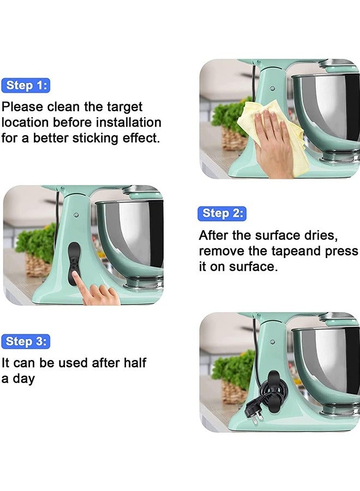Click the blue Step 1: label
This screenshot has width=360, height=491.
pyautogui.click(x=26, y=85)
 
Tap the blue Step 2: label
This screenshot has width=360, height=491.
pyautogui.click(x=222, y=213)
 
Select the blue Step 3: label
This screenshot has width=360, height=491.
pyautogui.click(x=26, y=342)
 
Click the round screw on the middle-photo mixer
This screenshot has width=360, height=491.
pyautogui.click(x=76, y=215)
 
